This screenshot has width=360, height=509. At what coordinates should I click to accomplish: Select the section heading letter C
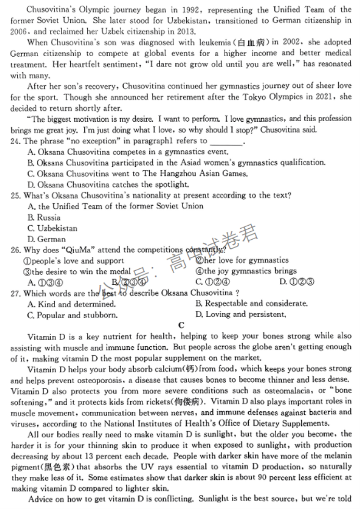point(181,325)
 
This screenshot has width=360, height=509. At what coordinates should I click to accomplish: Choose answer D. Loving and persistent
point(241,315)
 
